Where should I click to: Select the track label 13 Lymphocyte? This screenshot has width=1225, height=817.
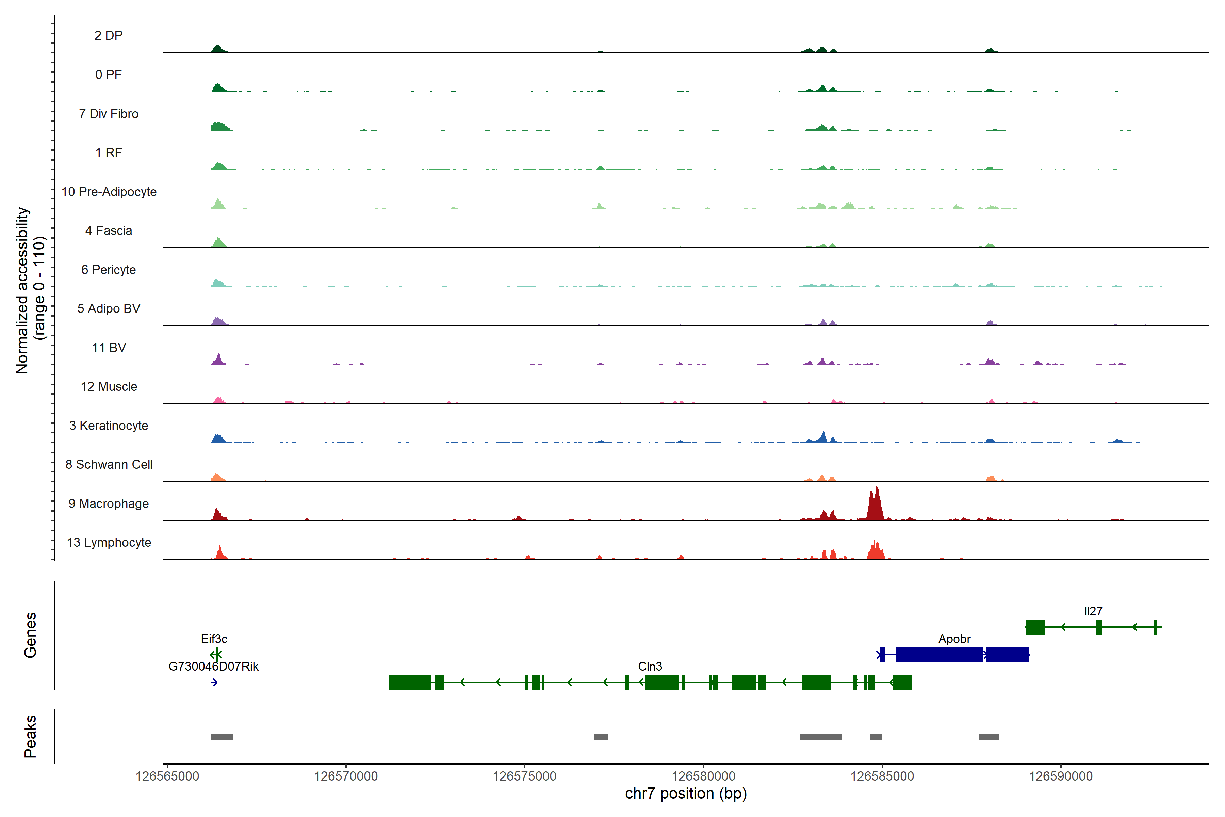[109, 542]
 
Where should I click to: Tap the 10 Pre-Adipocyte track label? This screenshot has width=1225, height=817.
[109, 192]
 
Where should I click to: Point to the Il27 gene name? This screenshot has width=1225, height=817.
[1093, 611]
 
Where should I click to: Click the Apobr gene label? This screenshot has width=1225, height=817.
[954, 639]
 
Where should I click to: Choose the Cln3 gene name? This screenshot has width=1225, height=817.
[650, 667]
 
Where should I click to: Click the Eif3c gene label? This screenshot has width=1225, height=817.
[214, 639]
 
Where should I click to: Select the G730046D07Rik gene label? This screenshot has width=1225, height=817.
[214, 667]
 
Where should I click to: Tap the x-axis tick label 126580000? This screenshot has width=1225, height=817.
[703, 776]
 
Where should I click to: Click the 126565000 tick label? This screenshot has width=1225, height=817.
[167, 776]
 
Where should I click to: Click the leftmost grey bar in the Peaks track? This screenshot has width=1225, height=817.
[222, 737]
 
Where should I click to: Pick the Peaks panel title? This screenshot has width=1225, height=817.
[30, 736]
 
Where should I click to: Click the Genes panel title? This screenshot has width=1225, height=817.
[30, 635]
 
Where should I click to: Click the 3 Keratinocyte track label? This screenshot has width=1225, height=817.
[109, 426]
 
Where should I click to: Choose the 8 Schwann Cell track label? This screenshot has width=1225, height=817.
[109, 464]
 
